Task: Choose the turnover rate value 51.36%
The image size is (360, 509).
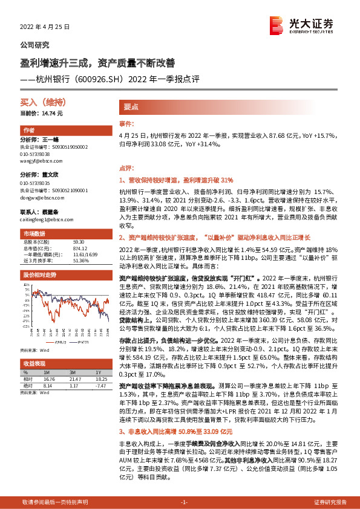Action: (x=80, y=261)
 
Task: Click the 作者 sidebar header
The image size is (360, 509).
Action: (x=29, y=131)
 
